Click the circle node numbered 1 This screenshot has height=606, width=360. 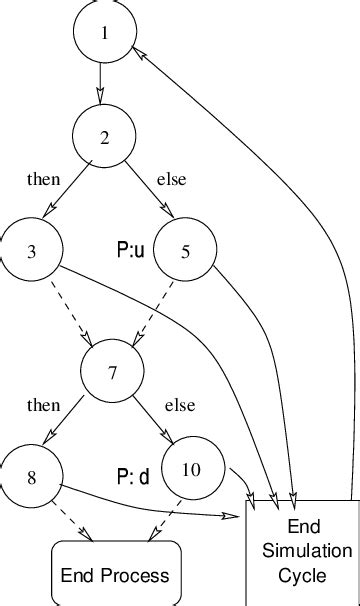click(x=103, y=33)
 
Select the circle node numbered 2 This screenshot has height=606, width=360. click(x=103, y=137)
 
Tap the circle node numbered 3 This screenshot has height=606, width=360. click(x=32, y=250)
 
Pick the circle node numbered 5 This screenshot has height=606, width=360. click(x=185, y=250)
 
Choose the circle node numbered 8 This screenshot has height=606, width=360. click(x=32, y=476)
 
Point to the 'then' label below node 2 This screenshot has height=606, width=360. click(x=43, y=180)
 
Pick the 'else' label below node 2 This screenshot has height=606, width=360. click(x=172, y=180)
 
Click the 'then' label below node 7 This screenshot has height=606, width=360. click(x=43, y=405)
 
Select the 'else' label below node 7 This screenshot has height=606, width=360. click(x=180, y=405)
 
